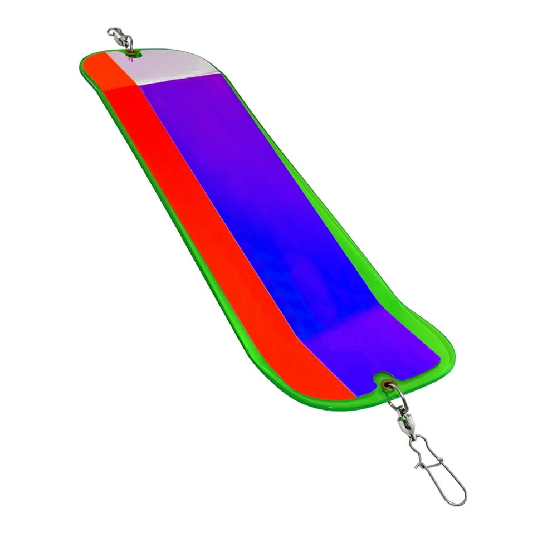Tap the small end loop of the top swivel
coord(111,32)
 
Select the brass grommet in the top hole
coord(131,52)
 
